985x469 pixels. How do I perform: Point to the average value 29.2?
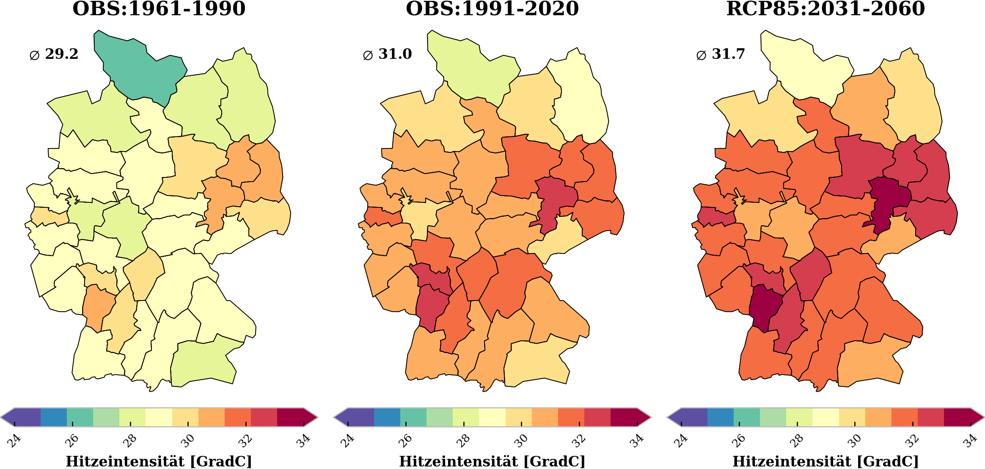61,54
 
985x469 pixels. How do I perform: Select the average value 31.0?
395,54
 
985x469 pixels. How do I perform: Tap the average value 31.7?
728,54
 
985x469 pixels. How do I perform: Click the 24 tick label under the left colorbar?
14,441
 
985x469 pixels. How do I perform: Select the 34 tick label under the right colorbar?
970,441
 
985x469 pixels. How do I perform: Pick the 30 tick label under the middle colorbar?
520,441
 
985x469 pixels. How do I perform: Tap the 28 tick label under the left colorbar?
129,441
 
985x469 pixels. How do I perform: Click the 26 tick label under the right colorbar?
739,441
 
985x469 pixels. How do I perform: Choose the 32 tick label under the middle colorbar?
578,441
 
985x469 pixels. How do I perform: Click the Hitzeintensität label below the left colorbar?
159,461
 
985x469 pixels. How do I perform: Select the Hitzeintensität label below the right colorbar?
825,461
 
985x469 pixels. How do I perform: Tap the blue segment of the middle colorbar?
387,417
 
